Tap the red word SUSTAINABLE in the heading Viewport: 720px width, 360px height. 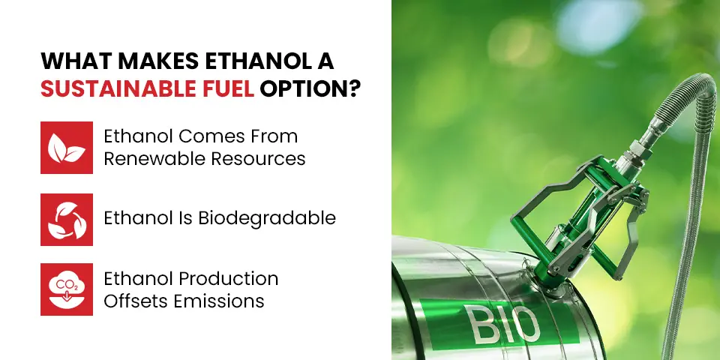117,88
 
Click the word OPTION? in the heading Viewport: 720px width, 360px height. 308,88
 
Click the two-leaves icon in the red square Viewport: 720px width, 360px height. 67,148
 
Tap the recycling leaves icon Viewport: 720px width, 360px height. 67,220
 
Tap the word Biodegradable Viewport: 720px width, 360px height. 267,218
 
